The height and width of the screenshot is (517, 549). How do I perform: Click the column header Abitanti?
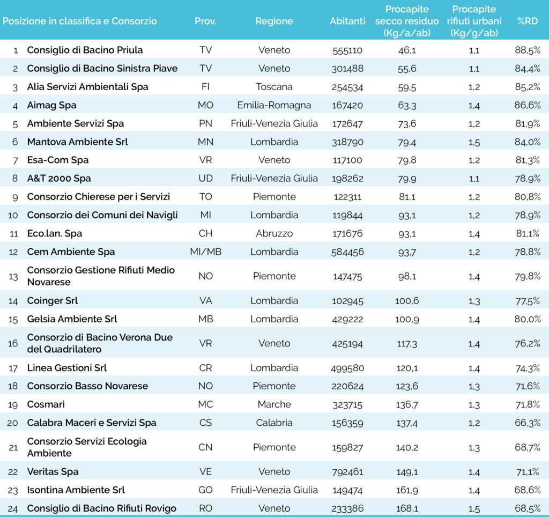[347, 21]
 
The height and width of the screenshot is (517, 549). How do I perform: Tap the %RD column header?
[528, 21]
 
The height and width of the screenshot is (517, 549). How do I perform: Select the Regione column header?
[274, 21]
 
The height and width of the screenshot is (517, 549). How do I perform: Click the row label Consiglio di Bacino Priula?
[85, 50]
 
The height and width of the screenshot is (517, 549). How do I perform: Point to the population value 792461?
[347, 472]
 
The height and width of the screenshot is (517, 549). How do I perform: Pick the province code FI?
[205, 87]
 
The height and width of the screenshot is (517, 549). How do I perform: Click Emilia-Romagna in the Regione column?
[274, 106]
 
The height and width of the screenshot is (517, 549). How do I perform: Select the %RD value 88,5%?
[528, 50]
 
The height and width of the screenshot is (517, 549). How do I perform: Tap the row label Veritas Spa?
[53, 472]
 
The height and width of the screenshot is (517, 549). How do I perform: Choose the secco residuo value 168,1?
[407, 508]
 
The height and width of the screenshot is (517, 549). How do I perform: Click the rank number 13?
[13, 277]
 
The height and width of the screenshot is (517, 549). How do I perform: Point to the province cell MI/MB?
[205, 252]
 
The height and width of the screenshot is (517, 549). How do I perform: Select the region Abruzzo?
[274, 234]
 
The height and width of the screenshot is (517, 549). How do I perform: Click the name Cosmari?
[46, 404]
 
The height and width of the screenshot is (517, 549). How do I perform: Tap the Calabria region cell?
[274, 423]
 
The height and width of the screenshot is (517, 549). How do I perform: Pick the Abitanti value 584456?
[347, 252]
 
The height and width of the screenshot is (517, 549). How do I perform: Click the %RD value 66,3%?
[528, 423]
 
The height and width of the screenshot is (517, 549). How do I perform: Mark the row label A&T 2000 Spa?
[59, 179]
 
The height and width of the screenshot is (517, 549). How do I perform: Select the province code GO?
[205, 490]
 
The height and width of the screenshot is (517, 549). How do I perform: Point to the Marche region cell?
[274, 404]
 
